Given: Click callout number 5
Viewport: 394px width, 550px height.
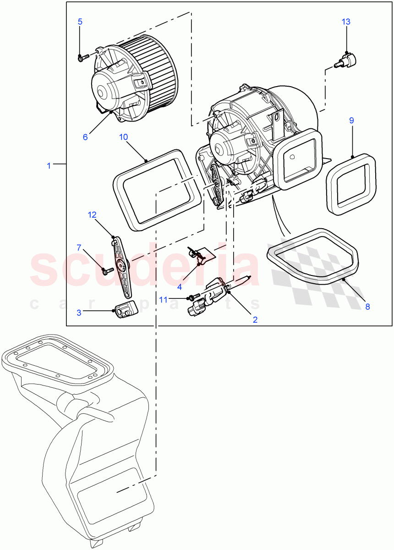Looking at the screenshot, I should point(80,21).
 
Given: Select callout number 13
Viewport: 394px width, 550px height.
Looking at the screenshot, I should point(346,22).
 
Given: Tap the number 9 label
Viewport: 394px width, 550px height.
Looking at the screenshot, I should point(351,121).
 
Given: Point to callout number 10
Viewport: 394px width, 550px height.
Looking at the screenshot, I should point(123,137).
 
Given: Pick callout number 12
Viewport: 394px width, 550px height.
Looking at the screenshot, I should point(93,214).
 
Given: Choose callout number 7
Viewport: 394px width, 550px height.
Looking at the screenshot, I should point(79,248).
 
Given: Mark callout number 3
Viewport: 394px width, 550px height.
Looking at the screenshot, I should point(79,312).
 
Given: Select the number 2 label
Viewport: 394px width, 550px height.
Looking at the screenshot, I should point(255,319).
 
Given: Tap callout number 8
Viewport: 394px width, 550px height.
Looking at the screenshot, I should point(367,307).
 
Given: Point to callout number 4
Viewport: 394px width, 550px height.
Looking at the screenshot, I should point(180,286).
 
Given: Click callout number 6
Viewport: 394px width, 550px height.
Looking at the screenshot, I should point(85,137).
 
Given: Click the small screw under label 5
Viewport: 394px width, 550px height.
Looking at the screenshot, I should point(83,58).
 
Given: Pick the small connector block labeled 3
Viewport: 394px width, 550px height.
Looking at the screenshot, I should point(125,312).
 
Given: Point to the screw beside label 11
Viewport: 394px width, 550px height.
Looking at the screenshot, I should point(193,297).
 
